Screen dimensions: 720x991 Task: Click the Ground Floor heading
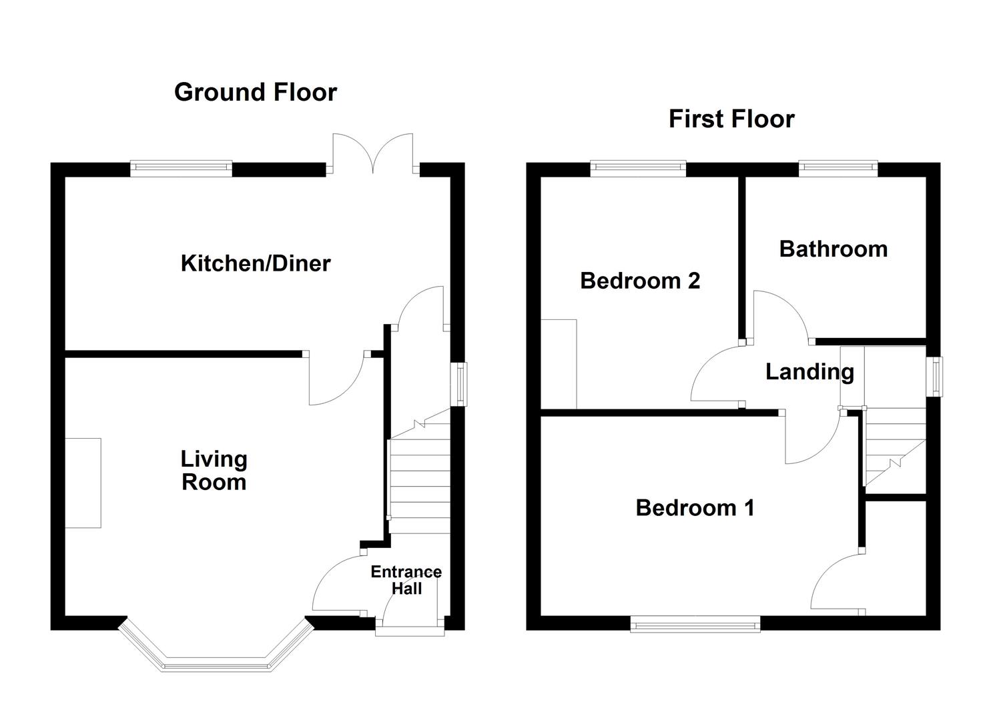click(256, 92)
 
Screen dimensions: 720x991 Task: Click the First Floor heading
click(731, 119)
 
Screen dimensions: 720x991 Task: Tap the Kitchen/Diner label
click(256, 263)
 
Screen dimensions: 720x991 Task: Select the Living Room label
click(214, 471)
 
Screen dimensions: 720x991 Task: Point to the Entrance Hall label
click(406, 580)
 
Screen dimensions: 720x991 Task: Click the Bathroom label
click(833, 249)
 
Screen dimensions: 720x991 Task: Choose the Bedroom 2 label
click(640, 281)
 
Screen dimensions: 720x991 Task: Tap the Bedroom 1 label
click(695, 508)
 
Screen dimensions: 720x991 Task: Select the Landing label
click(809, 372)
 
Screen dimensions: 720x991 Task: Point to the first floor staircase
click(894, 447)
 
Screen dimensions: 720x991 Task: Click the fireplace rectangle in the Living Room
click(83, 483)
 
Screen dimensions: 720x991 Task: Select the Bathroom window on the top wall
click(838, 169)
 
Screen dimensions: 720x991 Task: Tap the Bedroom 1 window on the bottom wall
click(695, 625)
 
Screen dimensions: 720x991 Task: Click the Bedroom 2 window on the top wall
click(638, 169)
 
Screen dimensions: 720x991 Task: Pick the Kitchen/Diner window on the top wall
click(181, 169)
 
